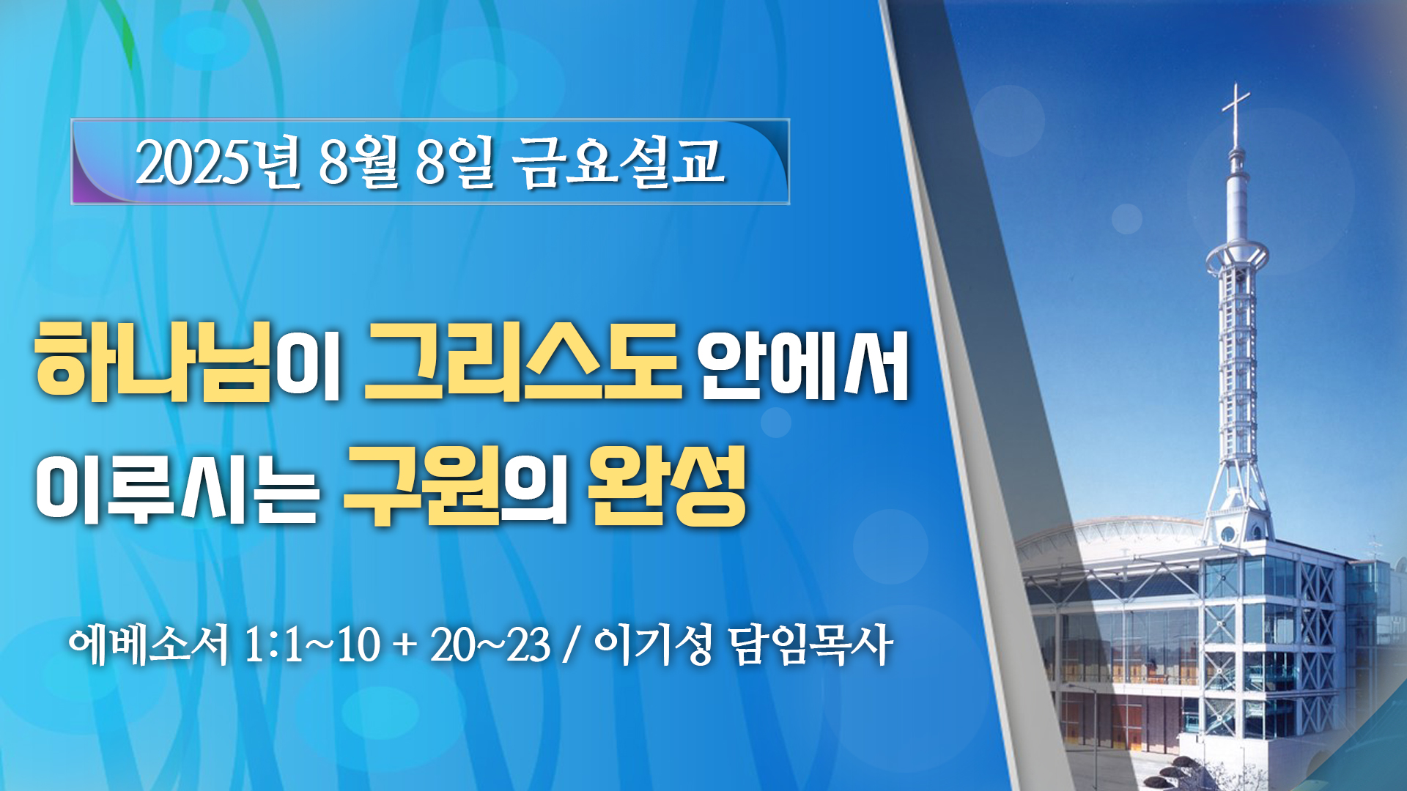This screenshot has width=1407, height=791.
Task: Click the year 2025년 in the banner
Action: tap(218, 162)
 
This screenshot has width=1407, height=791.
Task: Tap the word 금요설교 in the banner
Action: tap(620, 162)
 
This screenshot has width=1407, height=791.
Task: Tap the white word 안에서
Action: tap(804, 365)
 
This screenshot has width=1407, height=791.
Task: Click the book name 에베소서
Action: tap(149, 645)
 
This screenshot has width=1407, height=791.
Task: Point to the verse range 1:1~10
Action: tap(311, 645)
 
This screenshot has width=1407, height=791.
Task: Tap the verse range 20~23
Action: tap(490, 645)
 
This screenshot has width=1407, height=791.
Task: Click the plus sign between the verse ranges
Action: tap(405, 647)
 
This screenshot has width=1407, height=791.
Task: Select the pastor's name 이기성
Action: tap(653, 645)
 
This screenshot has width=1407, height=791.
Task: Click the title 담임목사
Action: tap(810, 645)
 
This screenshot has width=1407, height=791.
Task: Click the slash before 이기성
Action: tap(572, 645)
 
